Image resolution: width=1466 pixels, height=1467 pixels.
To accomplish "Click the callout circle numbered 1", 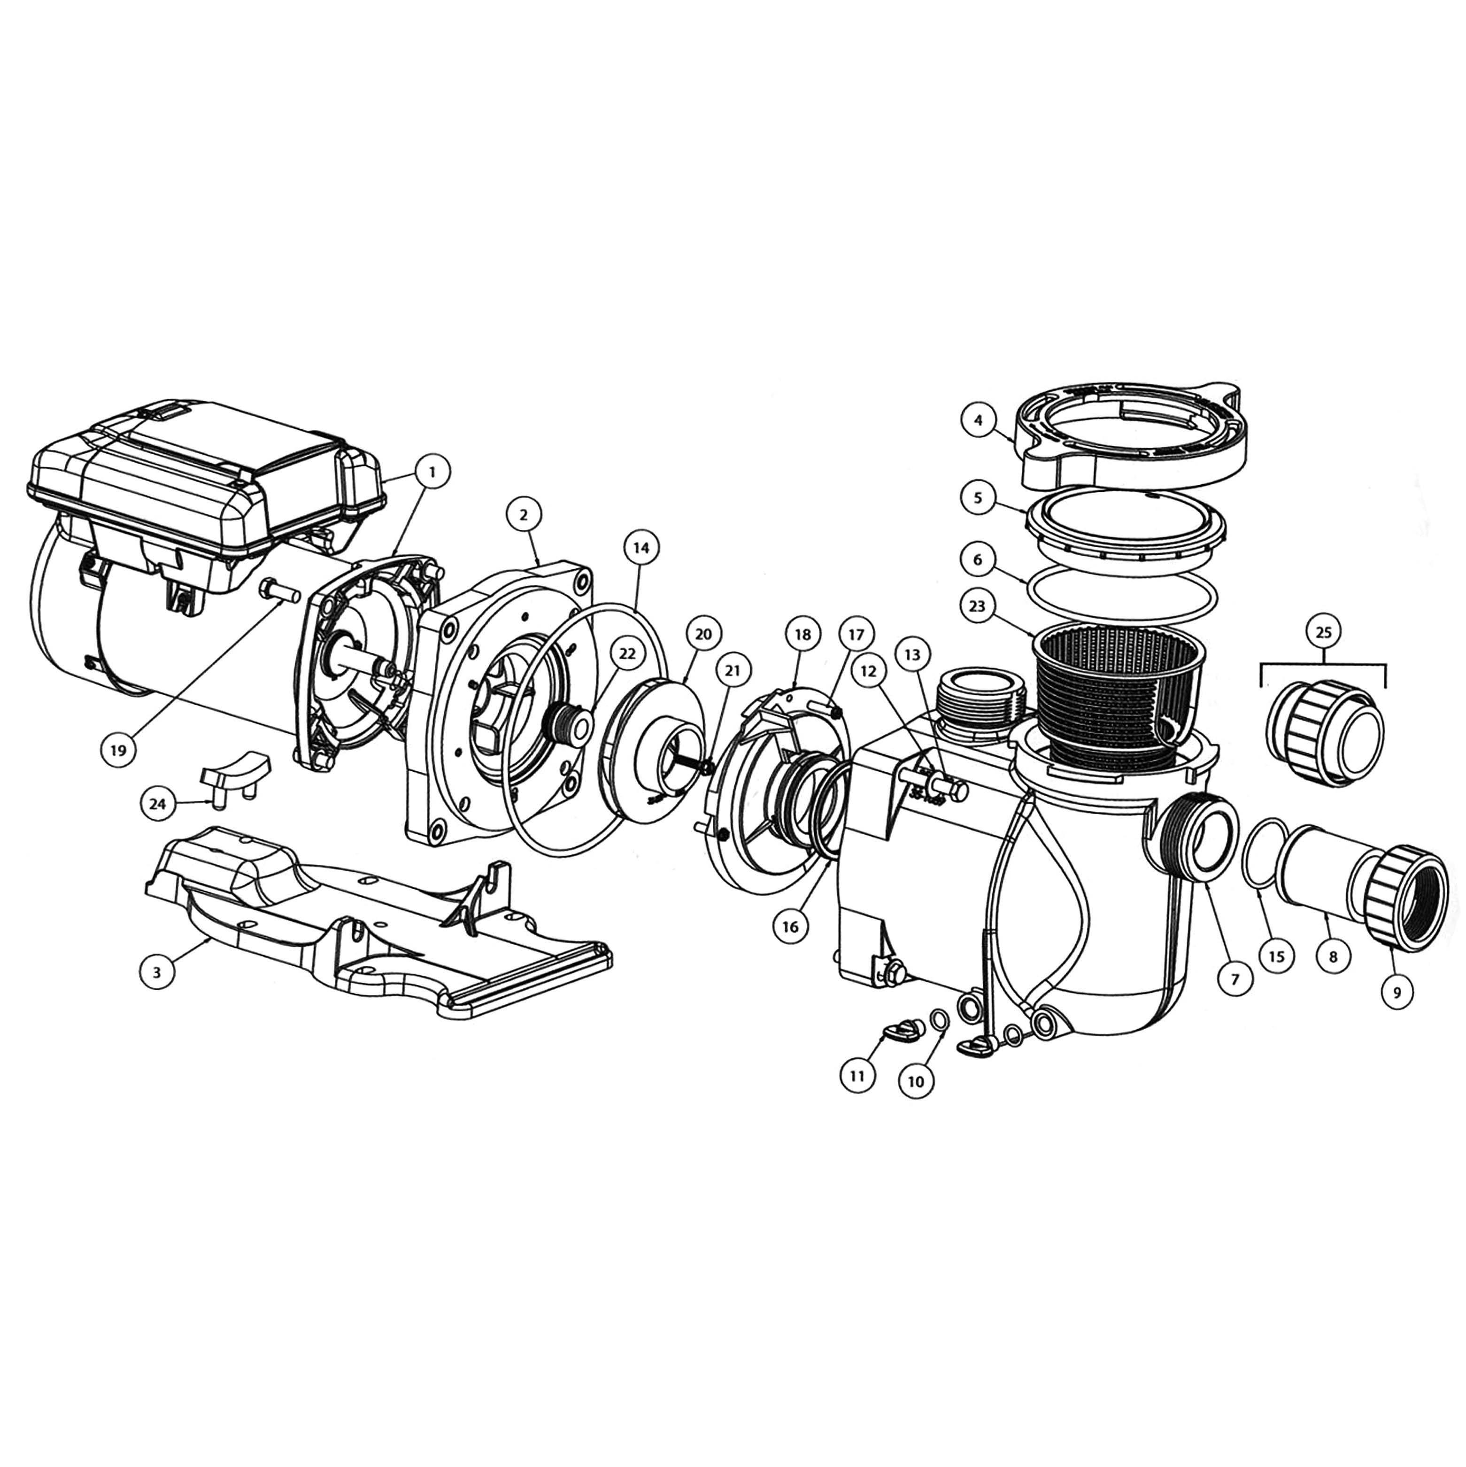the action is [x=432, y=472].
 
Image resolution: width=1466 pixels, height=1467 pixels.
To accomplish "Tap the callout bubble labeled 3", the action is [x=156, y=973].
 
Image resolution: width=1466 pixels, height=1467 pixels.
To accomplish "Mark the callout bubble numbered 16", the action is [x=790, y=927].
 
